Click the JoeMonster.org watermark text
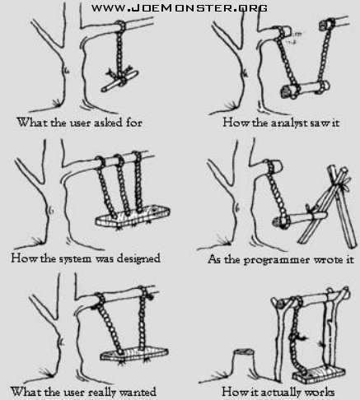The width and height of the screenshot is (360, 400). pyautogui.click(x=180, y=8)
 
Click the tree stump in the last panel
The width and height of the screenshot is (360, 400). pyautogui.click(x=243, y=361)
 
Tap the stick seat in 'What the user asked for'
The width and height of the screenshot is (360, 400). pyautogui.click(x=119, y=81)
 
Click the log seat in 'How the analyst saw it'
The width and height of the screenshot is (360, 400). pyautogui.click(x=305, y=89)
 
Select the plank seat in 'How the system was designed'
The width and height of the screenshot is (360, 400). pyautogui.click(x=133, y=216)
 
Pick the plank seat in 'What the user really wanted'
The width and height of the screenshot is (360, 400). pyautogui.click(x=133, y=354)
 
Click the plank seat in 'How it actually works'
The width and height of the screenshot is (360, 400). pyautogui.click(x=319, y=374)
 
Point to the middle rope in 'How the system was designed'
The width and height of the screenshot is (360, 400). pyautogui.click(x=122, y=185)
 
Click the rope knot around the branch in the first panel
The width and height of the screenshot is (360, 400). pyautogui.click(x=120, y=26)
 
